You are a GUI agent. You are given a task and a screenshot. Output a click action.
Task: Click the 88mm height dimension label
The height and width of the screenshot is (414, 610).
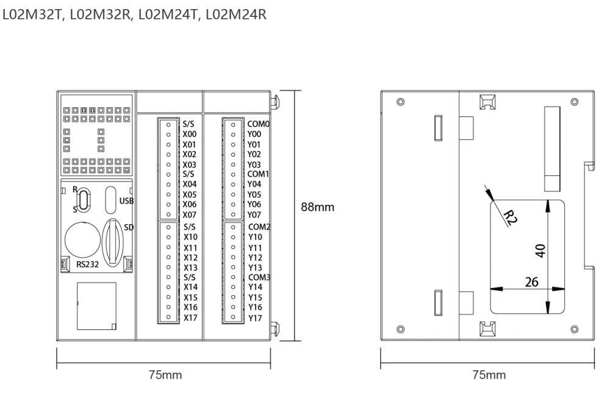coord(317,207)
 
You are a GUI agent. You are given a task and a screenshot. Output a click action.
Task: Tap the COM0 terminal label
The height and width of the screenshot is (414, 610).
coord(258,124)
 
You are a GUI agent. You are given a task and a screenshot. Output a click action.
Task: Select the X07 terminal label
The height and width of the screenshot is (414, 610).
coord(190,215)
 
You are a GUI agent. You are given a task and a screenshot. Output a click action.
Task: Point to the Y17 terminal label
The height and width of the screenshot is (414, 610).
coord(255,318)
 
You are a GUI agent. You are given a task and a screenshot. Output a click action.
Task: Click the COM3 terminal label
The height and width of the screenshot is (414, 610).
coord(259,277)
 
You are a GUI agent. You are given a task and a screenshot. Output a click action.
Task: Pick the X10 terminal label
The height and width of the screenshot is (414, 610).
coord(190,237)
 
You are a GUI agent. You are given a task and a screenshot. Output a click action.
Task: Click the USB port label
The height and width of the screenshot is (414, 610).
coord(126,201)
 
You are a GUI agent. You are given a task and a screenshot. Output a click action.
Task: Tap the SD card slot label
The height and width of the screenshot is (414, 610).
coord(129,227)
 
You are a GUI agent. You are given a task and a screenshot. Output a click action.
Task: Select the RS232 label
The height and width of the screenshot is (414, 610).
coord(87,264)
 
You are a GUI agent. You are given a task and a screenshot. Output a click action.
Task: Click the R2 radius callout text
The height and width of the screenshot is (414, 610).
coord(510,217)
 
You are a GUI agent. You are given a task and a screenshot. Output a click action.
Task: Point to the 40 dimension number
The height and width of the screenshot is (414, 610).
coord(540,250)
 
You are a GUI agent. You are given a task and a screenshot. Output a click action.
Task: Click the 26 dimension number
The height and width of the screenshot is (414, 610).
coord(531,282)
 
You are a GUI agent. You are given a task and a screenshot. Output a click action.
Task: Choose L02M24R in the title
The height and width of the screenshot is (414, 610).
coord(235,15)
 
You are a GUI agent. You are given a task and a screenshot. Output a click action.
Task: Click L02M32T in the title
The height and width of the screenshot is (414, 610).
coord(33,15)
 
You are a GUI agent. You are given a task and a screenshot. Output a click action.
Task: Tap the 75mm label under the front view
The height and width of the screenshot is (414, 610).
coord(165,375)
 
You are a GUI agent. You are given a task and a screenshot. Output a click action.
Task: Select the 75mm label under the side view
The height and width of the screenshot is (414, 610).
coord(489,375)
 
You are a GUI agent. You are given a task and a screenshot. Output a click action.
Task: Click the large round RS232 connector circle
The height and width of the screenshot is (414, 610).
coord(83,240)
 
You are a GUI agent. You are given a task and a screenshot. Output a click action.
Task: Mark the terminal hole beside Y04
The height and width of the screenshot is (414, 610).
coord(233,184)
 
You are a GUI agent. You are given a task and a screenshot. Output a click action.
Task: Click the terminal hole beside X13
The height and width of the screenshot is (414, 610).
coord(168,267)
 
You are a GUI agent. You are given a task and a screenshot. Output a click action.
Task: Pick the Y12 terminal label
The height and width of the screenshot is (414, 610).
coord(255,258)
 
